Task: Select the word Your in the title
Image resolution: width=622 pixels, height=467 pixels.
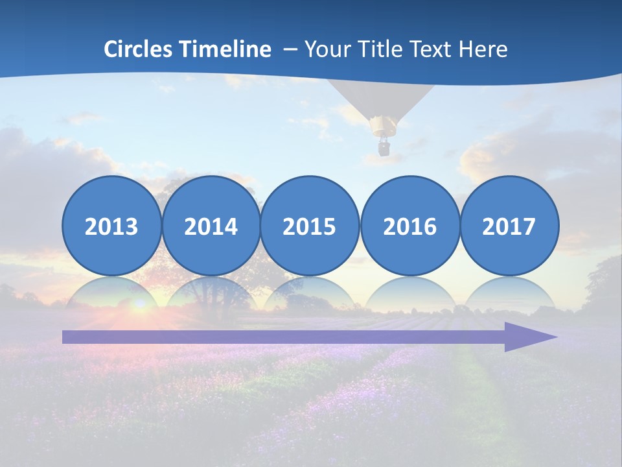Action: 324,49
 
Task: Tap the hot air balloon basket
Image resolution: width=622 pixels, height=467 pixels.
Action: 384,147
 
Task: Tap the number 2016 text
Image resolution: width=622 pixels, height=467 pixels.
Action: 409,226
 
